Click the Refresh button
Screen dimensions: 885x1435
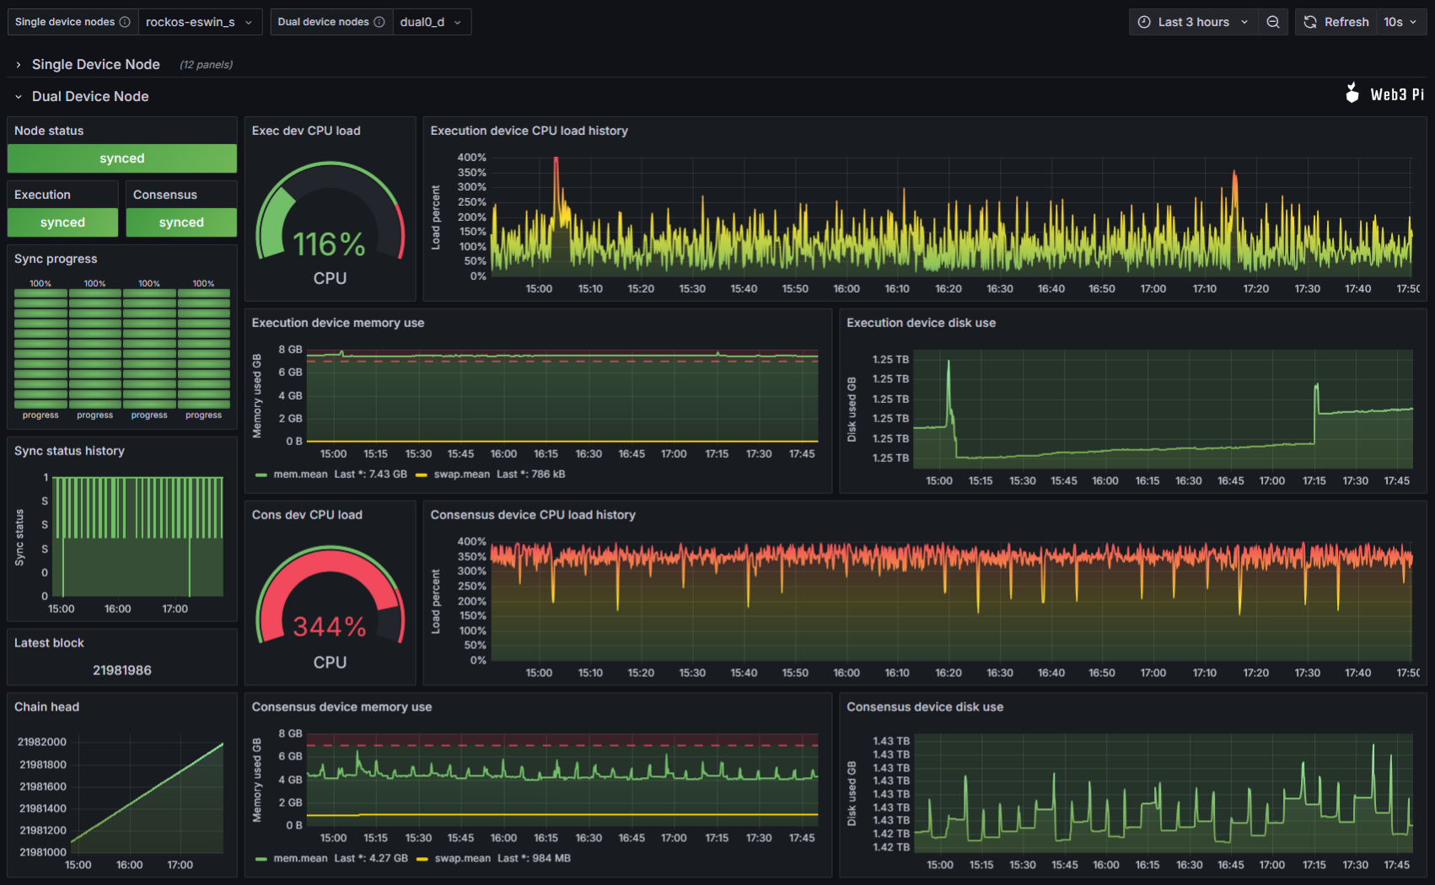click(x=1336, y=22)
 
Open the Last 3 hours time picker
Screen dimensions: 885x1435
click(x=1193, y=22)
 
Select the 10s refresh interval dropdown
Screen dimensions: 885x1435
click(x=1400, y=22)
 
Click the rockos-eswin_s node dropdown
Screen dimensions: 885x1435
click(x=199, y=22)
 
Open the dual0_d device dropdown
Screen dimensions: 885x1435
click(x=431, y=22)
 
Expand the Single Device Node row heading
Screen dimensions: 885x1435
click(x=95, y=64)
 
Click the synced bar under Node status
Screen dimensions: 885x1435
click(x=121, y=158)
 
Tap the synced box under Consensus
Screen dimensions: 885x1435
click(x=181, y=223)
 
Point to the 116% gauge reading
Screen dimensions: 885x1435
click(x=329, y=244)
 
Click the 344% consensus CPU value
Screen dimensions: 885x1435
click(x=329, y=627)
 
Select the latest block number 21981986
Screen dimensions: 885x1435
click(x=121, y=670)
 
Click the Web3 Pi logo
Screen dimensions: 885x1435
click(x=1384, y=94)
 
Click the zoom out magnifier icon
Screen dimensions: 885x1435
click(x=1273, y=22)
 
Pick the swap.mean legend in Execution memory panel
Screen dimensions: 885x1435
click(x=461, y=475)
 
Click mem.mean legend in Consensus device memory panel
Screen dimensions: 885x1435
click(x=300, y=858)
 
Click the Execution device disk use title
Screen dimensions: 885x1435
click(x=921, y=323)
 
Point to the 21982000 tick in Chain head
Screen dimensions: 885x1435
click(x=42, y=742)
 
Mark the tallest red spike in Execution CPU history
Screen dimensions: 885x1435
click(x=556, y=160)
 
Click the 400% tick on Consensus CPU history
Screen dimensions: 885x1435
click(x=471, y=541)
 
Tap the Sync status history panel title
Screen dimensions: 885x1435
click(x=69, y=451)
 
